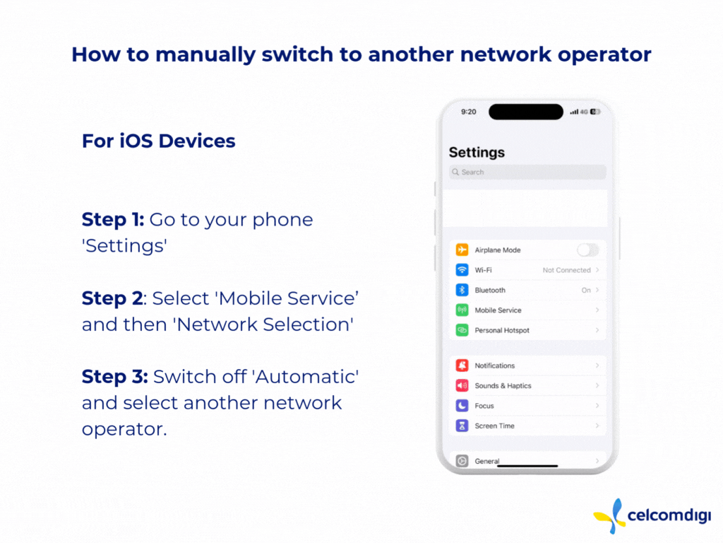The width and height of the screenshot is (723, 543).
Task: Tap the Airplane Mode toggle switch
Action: click(587, 250)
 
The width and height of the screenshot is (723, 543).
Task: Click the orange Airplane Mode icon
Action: click(462, 250)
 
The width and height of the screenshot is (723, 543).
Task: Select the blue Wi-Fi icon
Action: click(462, 270)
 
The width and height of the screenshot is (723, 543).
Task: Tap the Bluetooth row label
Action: click(490, 290)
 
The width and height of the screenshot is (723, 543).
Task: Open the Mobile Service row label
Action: click(498, 310)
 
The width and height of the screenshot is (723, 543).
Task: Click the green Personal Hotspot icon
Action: click(462, 330)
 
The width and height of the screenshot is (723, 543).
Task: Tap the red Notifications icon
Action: click(462, 366)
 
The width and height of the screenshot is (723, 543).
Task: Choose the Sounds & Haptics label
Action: click(503, 385)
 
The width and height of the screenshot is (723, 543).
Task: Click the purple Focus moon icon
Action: click(462, 406)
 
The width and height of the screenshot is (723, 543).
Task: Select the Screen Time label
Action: click(494, 426)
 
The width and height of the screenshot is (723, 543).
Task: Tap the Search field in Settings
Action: click(527, 172)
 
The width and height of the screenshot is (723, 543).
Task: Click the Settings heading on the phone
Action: click(477, 152)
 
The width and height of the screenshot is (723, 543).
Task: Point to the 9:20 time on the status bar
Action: click(468, 112)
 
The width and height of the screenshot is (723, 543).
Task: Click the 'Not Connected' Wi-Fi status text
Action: click(566, 270)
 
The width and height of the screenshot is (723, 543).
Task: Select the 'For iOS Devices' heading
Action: click(158, 141)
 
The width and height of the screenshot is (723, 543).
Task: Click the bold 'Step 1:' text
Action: click(113, 219)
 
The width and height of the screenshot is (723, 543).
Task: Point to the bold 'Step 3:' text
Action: click(114, 377)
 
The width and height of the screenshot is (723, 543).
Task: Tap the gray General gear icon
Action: click(462, 461)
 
